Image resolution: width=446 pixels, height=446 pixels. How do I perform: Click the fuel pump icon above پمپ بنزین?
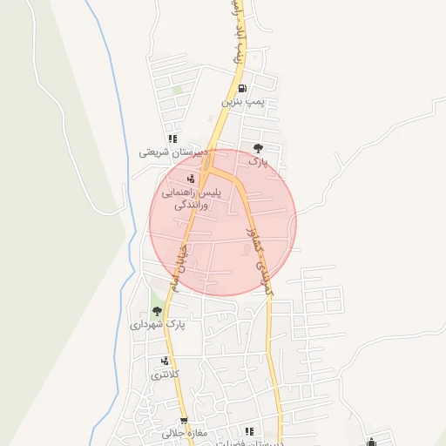click(242, 88)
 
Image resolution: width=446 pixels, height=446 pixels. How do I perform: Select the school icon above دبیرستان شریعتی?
click(173, 138)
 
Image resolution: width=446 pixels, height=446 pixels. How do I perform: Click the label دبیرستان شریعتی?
click(174, 152)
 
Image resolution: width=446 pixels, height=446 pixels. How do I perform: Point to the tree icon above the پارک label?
click(257, 147)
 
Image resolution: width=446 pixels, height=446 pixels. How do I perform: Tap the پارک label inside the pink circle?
click(258, 161)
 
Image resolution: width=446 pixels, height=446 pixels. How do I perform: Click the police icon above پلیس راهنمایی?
click(191, 179)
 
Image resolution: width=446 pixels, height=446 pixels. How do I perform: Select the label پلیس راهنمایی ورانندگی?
click(197, 199)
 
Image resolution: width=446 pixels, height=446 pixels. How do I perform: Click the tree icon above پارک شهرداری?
click(157, 310)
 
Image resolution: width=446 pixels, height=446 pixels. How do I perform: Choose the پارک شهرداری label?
click(159, 324)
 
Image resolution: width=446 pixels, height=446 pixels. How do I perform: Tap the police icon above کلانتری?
click(164, 361)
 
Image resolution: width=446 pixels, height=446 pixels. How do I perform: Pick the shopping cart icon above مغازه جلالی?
click(183, 420)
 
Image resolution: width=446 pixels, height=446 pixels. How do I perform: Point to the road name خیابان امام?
click(179, 266)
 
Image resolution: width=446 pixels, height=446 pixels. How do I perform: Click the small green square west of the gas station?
click(178, 89)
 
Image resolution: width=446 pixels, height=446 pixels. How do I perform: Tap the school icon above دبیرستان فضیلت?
click(249, 430)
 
